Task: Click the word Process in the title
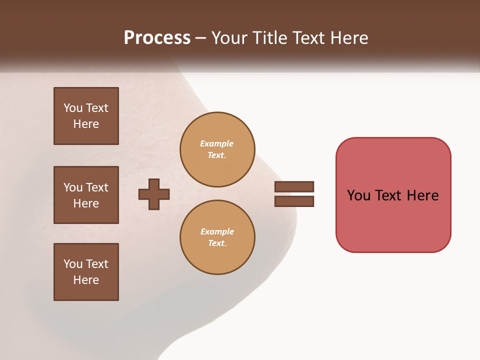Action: click(x=157, y=37)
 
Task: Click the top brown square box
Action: click(x=86, y=116)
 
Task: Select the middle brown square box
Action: click(x=86, y=195)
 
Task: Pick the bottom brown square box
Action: click(x=86, y=272)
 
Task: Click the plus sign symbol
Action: click(x=154, y=194)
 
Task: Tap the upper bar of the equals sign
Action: click(x=294, y=186)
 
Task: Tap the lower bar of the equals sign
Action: click(x=294, y=201)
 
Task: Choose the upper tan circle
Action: click(x=217, y=149)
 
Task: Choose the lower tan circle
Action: click(x=217, y=237)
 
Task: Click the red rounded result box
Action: click(x=393, y=195)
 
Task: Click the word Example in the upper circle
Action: click(x=217, y=143)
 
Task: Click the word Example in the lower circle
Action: click(x=217, y=231)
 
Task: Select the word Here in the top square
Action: click(x=86, y=124)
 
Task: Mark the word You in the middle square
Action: click(x=73, y=187)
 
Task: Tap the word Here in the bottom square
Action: click(x=86, y=280)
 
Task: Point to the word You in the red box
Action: click(x=358, y=195)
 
